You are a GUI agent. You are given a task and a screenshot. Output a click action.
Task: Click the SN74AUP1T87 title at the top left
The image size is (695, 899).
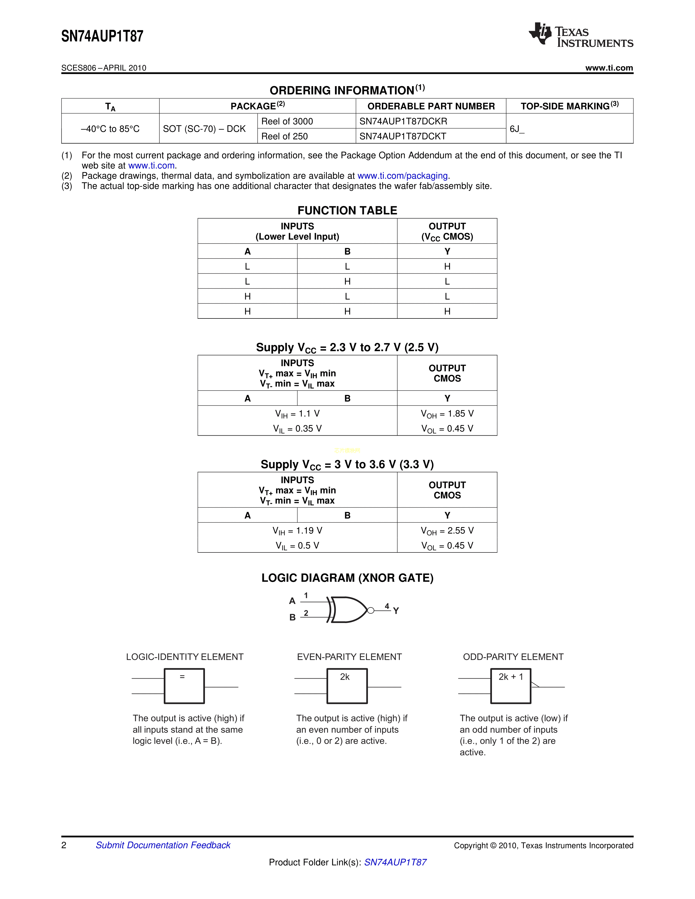(x=102, y=36)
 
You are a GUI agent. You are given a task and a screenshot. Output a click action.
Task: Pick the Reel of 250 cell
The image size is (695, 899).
(x=285, y=136)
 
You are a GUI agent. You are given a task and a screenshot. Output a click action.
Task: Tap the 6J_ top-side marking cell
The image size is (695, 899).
(x=517, y=129)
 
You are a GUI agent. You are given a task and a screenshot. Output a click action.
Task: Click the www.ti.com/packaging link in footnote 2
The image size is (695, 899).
(x=402, y=176)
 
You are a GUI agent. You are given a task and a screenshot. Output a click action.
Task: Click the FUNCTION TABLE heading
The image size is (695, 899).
(x=347, y=210)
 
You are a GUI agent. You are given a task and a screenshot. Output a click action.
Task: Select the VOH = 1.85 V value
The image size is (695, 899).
(x=447, y=414)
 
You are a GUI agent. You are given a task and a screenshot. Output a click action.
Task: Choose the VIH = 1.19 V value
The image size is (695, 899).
(x=297, y=531)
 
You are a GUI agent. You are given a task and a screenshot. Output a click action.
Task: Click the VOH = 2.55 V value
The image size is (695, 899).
(x=447, y=531)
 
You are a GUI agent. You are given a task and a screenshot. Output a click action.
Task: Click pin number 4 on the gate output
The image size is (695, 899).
(x=387, y=606)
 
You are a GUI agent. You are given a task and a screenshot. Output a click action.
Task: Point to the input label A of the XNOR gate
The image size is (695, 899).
(x=292, y=601)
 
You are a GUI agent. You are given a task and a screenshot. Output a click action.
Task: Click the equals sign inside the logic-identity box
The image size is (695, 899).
(x=182, y=677)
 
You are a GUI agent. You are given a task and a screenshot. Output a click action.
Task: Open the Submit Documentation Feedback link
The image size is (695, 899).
(x=163, y=845)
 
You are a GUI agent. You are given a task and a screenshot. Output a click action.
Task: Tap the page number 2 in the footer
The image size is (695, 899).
(x=64, y=845)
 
